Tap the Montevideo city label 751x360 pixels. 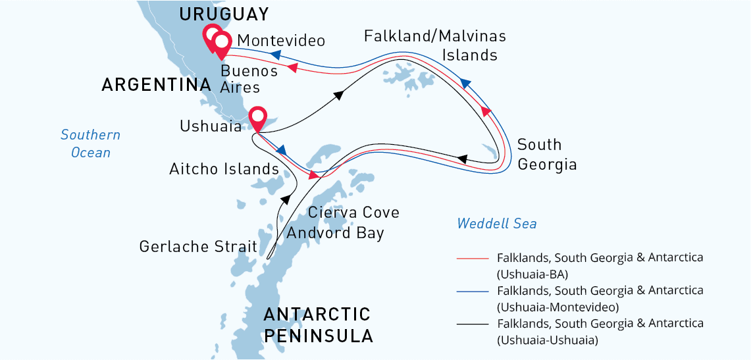tap(281, 41)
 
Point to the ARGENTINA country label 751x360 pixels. tap(156, 85)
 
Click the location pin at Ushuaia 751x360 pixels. tap(257, 116)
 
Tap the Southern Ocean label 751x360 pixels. tap(91, 143)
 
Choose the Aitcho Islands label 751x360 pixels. tap(224, 169)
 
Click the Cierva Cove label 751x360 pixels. tap(353, 213)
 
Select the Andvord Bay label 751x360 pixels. tap(335, 233)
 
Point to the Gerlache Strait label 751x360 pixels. tap(198, 247)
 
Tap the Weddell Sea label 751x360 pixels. tap(497, 224)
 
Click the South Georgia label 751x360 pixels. tap(547, 155)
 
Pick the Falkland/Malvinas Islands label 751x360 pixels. tap(435, 45)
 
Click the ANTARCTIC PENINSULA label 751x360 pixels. tap(318, 324)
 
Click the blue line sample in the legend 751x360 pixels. tap(473, 291)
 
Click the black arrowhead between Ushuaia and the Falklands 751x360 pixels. tap(339, 95)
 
